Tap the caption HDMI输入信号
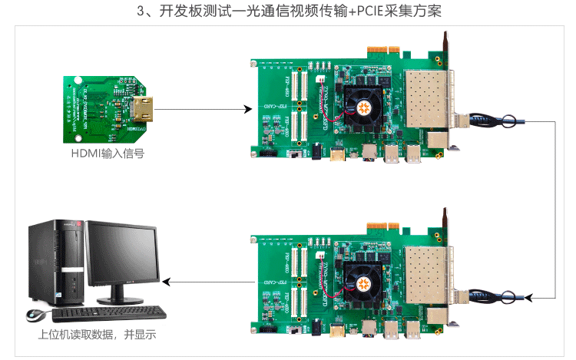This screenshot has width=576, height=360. click(107, 153)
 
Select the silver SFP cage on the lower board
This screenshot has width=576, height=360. click(426, 274)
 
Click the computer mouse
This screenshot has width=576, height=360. click(35, 315)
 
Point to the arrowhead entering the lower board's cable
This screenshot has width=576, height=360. click(549, 296)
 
